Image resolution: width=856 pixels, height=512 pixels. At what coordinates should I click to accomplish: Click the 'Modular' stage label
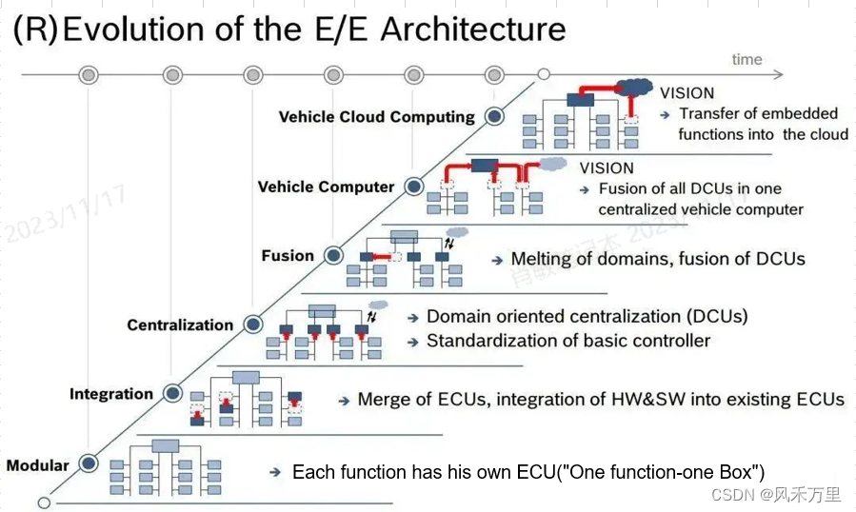pyautogui.click(x=38, y=465)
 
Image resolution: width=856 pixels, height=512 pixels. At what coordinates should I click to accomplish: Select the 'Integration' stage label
pyautogui.click(x=110, y=394)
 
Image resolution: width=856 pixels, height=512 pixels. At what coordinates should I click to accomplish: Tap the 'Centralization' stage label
pyautogui.click(x=180, y=325)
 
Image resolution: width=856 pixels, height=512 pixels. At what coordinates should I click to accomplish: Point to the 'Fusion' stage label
pyautogui.click(x=288, y=255)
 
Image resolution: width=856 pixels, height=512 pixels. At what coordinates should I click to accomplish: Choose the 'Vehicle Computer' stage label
pyautogui.click(x=326, y=187)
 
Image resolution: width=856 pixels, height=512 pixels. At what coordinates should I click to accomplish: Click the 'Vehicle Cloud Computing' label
pyautogui.click(x=376, y=117)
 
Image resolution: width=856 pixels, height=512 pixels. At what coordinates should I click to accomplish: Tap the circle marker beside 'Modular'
pyautogui.click(x=89, y=464)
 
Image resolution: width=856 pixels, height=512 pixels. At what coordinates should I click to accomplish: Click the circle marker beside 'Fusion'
pyautogui.click(x=333, y=255)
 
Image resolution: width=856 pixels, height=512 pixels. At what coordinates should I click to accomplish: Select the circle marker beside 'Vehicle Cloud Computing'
pyautogui.click(x=494, y=116)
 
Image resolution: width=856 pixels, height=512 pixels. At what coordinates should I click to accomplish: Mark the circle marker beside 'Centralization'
pyautogui.click(x=252, y=325)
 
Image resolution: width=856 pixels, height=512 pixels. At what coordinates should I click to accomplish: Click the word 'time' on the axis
pyautogui.click(x=747, y=59)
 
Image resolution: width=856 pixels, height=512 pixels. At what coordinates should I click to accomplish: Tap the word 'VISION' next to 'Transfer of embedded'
pyautogui.click(x=687, y=93)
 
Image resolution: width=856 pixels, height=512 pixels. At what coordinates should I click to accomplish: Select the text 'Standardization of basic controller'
pyautogui.click(x=568, y=341)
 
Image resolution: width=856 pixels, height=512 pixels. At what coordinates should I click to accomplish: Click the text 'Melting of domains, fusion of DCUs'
pyautogui.click(x=658, y=259)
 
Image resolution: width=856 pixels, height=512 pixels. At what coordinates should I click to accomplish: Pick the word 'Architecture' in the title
pyautogui.click(x=473, y=29)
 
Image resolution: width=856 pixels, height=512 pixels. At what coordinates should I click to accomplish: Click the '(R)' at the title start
pyautogui.click(x=34, y=29)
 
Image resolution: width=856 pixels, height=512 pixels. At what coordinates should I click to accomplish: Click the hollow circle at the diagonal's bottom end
pyautogui.click(x=43, y=502)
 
